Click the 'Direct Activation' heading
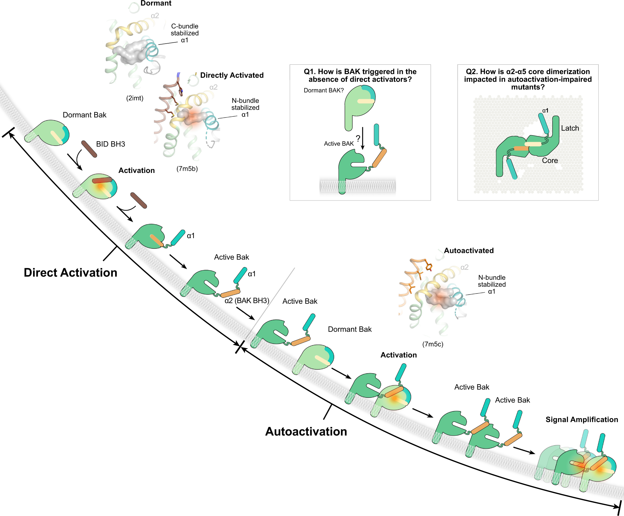pyautogui.click(x=71, y=273)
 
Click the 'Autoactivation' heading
pyautogui.click(x=306, y=432)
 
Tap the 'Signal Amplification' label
pyautogui.click(x=582, y=420)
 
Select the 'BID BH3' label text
pyautogui.click(x=110, y=144)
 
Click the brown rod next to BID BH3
pyautogui.click(x=89, y=149)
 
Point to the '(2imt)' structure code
pyautogui.click(x=135, y=98)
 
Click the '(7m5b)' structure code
pyautogui.click(x=187, y=169)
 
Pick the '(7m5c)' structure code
pyautogui.click(x=433, y=344)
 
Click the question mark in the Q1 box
pyautogui.click(x=358, y=138)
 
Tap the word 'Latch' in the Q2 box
pyautogui.click(x=570, y=128)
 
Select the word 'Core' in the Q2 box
pyautogui.click(x=550, y=161)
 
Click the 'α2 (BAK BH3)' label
pyautogui.click(x=247, y=301)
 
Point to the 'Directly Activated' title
pyautogui.click(x=232, y=75)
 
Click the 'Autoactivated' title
pyautogui.click(x=469, y=251)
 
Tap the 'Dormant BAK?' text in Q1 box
pyautogui.click(x=324, y=90)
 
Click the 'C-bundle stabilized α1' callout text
pyautogui.click(x=185, y=33)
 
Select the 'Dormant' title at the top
pyautogui.click(x=156, y=3)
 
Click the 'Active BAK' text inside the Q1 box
pyautogui.click(x=339, y=144)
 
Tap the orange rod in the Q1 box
pyautogui.click(x=380, y=158)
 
